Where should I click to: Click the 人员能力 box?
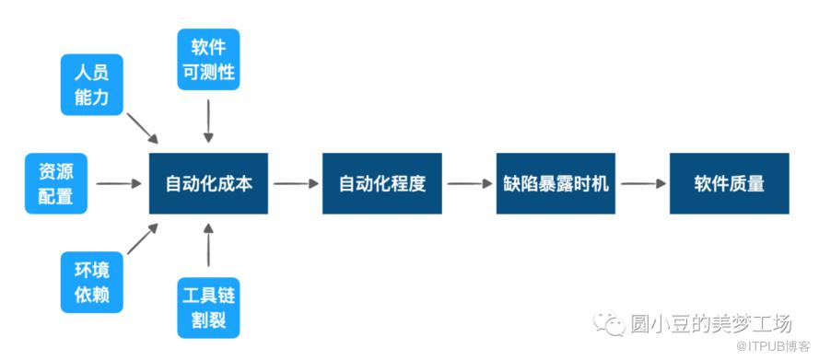coord(92,85)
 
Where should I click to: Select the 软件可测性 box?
coord(208,59)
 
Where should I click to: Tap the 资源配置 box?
coord(56,183)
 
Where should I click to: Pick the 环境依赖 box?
coord(92,283)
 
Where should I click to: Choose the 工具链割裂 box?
coord(208,308)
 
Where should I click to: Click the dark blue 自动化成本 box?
coord(208,183)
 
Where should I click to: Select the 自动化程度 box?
coord(381,183)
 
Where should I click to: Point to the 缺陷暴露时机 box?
coord(556,183)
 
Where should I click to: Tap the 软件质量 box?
coord(729,183)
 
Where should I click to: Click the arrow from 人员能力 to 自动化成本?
coord(143,128)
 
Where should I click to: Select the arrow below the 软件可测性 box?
coord(208,121)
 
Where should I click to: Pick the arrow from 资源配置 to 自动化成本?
coord(119,183)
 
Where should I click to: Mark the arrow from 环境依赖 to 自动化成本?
coord(143,238)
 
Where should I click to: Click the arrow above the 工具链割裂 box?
coord(208,245)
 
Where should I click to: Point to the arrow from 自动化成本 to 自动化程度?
coord(296,183)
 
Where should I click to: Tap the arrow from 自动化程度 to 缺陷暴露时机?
coord(470,183)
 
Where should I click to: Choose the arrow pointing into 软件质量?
coord(643,183)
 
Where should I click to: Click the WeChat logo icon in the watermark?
coord(610,324)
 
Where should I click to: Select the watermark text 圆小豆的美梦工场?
coord(711,324)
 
